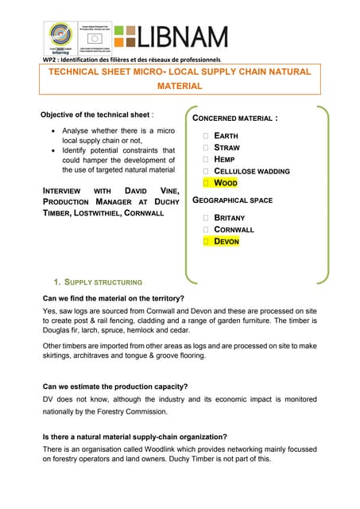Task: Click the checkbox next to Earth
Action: coord(205,136)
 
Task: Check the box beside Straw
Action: coord(205,148)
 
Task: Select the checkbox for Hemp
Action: coord(205,159)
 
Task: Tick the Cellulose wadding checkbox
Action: coord(205,171)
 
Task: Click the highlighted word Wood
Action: coord(226,183)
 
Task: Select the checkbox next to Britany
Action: coord(205,217)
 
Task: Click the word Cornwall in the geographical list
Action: coord(234,229)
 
